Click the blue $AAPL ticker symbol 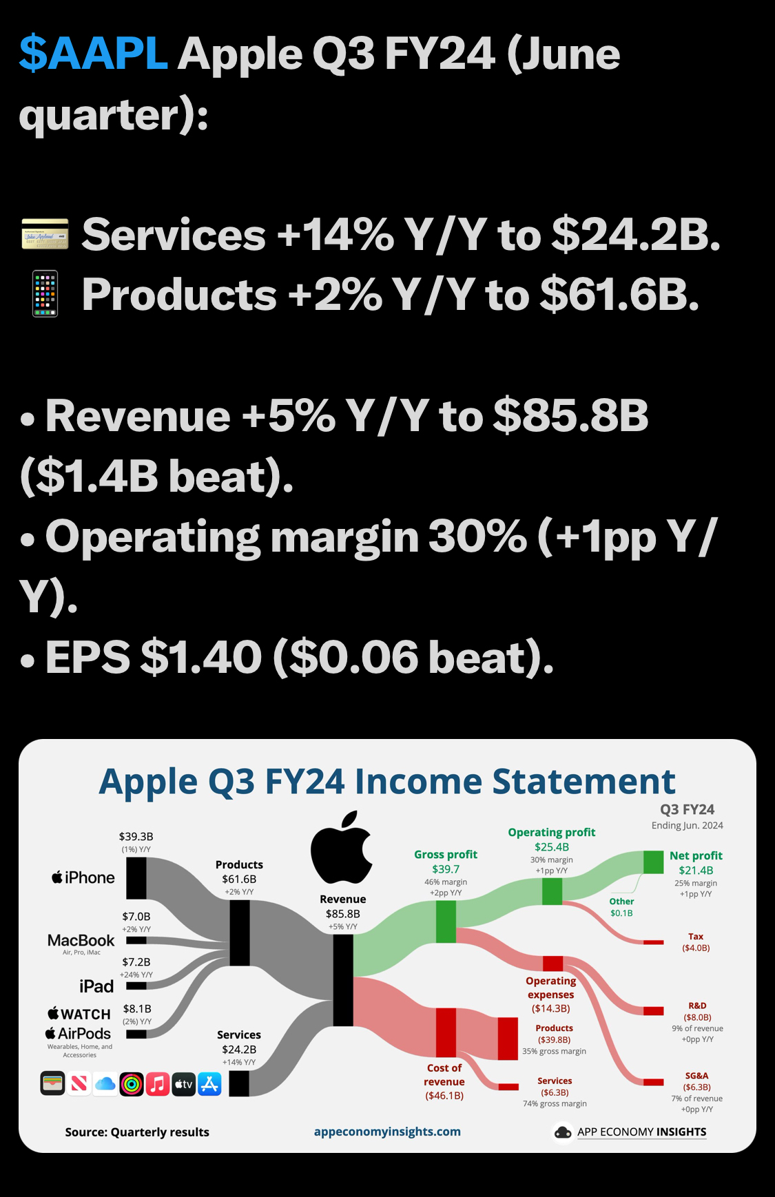coord(93,54)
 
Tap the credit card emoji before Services coord(45,234)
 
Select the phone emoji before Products coord(45,294)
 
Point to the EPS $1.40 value coord(201,657)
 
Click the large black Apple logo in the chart coord(342,847)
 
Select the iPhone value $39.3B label coord(136,836)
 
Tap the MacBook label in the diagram coord(81,940)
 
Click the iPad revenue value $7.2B coord(136,961)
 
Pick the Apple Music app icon coord(158,1084)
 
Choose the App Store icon coord(209,1084)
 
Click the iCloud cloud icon coord(105,1084)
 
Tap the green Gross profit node coord(446,922)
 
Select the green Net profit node coord(653,862)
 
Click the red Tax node coord(653,941)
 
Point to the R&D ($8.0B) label coord(697,1011)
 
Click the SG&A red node coord(653,1082)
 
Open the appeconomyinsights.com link coord(387,1132)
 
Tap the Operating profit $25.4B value coord(552,846)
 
